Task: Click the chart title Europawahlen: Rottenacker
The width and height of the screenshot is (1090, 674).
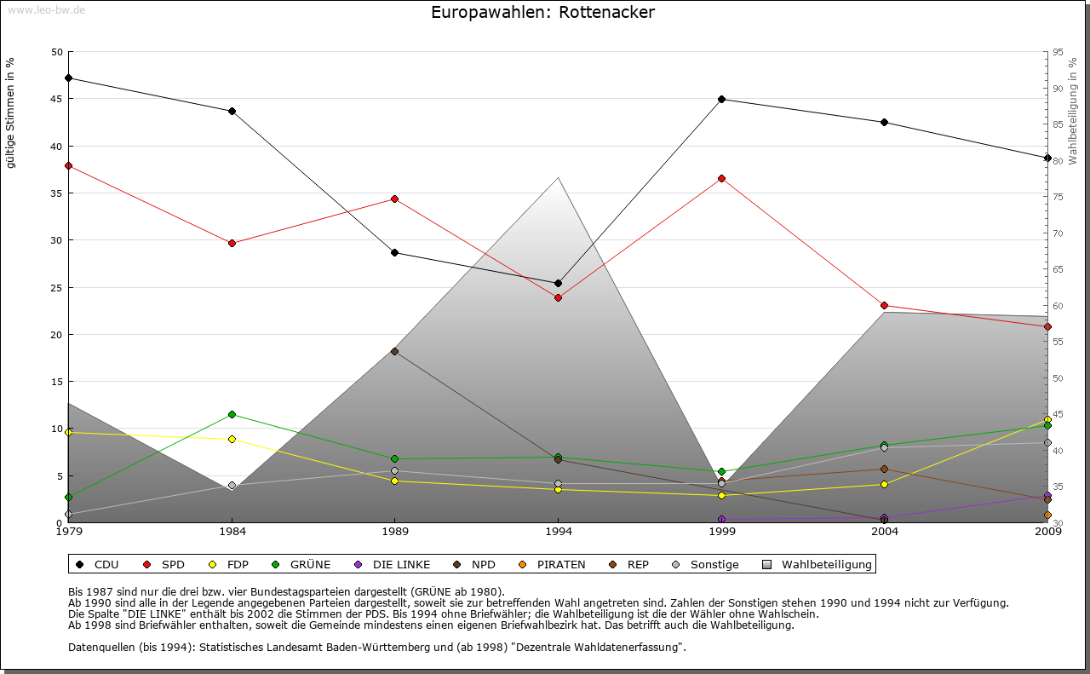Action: point(543,13)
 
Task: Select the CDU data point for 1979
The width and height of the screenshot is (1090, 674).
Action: point(68,78)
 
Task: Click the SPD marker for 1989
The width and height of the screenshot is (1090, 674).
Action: point(394,199)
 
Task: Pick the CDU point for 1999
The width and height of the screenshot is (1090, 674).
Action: point(721,99)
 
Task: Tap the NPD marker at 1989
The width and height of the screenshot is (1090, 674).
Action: point(394,351)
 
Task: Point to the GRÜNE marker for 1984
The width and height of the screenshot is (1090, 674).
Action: point(232,414)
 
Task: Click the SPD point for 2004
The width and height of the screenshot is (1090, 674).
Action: point(885,305)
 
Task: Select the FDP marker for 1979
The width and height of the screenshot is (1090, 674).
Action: point(68,432)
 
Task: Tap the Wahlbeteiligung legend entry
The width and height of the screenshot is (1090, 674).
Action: point(817,564)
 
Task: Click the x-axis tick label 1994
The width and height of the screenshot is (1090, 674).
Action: point(559,533)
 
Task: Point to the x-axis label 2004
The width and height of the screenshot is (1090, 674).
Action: point(885,533)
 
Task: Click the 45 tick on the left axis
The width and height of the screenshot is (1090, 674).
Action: point(57,99)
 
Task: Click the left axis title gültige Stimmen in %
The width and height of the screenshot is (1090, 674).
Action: point(11,113)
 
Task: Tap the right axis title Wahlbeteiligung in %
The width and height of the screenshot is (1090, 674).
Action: point(1073,111)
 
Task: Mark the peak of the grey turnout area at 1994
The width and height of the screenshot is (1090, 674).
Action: point(559,177)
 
